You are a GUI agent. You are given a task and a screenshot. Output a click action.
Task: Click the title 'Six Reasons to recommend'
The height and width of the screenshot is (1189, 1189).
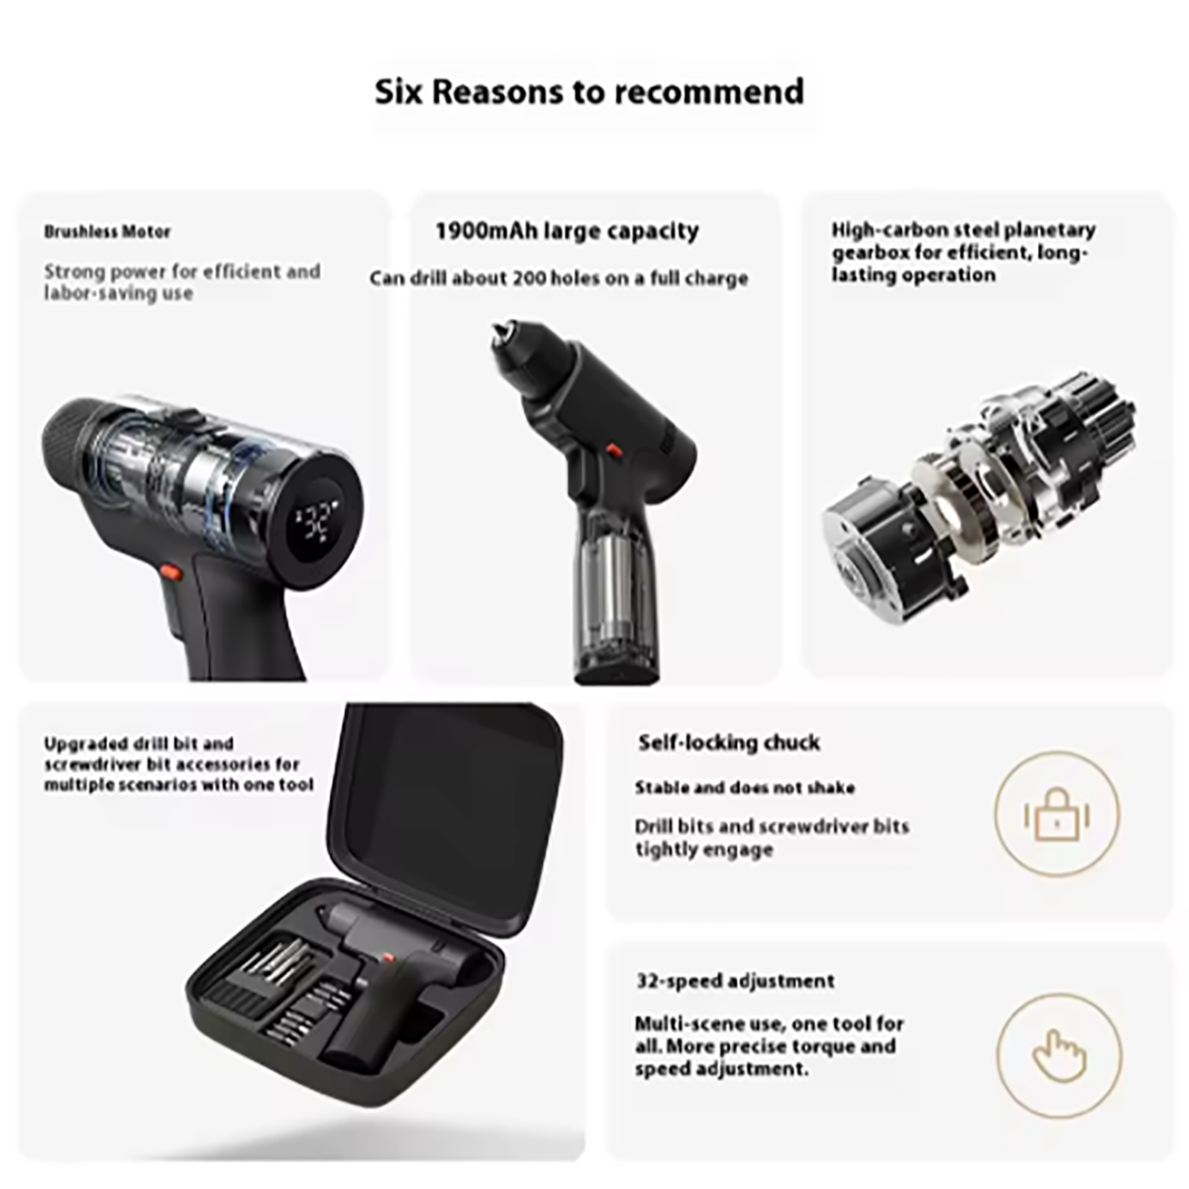589,92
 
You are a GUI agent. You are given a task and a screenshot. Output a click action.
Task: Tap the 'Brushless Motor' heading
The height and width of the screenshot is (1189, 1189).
107,232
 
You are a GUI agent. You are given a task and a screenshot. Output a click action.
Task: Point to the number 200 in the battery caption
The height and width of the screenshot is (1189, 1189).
530,278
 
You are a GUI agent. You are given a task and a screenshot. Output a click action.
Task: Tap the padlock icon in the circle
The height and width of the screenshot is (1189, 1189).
1057,815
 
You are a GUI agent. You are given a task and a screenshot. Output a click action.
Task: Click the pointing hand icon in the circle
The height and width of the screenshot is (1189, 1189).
1059,1056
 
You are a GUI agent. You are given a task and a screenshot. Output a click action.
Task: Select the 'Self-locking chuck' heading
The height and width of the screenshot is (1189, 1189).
729,743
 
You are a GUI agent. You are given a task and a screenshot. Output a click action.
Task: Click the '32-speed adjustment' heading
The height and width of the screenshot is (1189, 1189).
735,980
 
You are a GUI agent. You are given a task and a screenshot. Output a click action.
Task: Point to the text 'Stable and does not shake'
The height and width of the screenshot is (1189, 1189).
744,787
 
